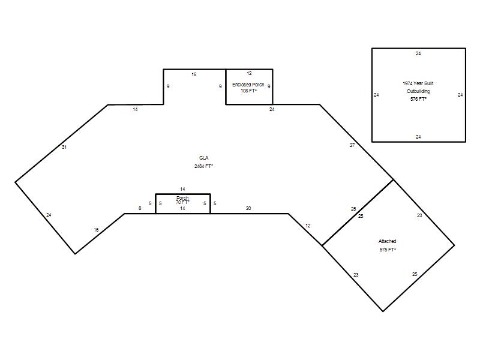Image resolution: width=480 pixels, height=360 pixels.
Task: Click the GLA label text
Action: [203, 158]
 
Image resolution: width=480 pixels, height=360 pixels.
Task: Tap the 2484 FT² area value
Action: [203, 166]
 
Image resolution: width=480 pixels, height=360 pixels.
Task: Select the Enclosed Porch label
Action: [248, 85]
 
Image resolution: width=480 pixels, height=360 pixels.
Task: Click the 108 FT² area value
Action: [248, 91]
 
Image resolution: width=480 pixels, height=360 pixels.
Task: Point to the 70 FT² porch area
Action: [182, 202]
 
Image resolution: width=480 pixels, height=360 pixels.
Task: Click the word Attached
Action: [387, 241]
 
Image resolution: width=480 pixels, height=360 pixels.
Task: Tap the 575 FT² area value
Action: [388, 250]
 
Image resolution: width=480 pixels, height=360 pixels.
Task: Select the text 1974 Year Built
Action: [418, 83]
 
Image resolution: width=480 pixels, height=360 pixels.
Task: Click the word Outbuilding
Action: [418, 91]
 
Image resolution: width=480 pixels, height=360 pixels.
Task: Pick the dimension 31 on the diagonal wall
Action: [64, 147]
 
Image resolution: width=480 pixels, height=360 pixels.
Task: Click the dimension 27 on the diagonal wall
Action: [352, 145]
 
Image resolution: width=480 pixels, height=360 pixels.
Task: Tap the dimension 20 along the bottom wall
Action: [248, 208]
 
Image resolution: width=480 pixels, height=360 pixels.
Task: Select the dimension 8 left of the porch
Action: [140, 208]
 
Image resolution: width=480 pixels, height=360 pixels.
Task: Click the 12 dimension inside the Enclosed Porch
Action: [249, 73]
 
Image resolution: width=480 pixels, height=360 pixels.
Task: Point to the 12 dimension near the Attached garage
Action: [308, 226]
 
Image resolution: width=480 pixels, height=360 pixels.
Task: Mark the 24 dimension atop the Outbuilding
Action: [418, 53]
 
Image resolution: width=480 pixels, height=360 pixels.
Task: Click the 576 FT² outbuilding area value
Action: [418, 99]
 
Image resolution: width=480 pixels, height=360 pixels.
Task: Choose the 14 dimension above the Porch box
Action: [182, 189]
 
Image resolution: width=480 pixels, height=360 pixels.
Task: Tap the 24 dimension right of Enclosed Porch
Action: [272, 109]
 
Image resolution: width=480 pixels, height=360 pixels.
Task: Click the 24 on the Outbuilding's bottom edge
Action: [418, 137]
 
